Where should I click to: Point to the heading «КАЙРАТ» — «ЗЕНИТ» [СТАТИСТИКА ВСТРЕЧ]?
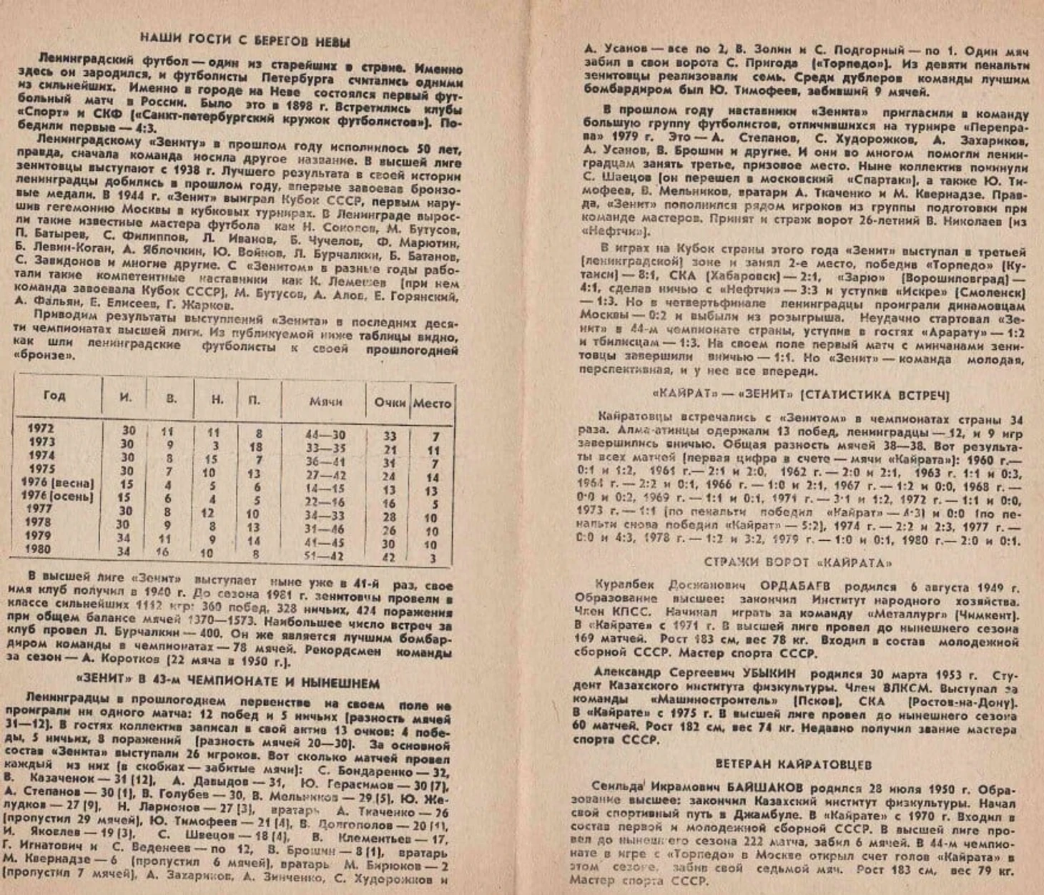[801, 395]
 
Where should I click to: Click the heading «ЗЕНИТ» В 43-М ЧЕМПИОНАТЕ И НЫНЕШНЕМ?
[227, 683]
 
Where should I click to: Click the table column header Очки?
[389, 402]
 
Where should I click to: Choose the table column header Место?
[432, 403]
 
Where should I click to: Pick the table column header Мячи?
[325, 401]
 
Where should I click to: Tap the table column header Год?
[54, 395]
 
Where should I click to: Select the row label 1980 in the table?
[38, 549]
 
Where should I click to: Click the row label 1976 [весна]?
[57, 483]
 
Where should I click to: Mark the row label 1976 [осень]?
[57, 496]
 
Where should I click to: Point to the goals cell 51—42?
[325, 556]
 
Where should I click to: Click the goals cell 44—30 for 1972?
[325, 435]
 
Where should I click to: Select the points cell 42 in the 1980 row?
[388, 557]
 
